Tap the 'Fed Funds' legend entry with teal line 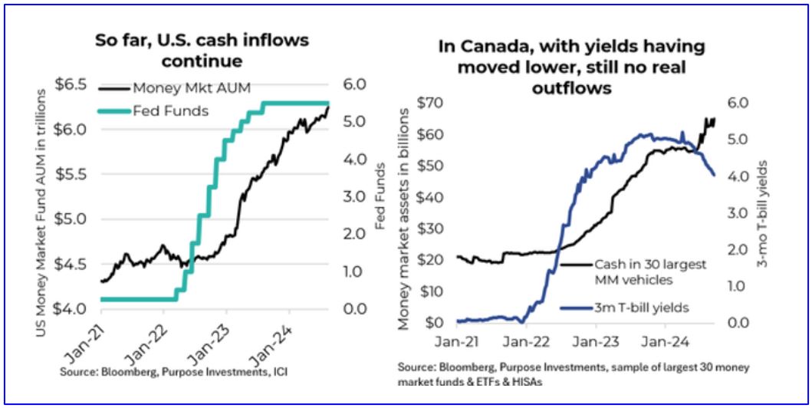(179, 110)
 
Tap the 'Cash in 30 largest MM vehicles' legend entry (649, 272)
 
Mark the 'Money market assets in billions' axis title (405, 215)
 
